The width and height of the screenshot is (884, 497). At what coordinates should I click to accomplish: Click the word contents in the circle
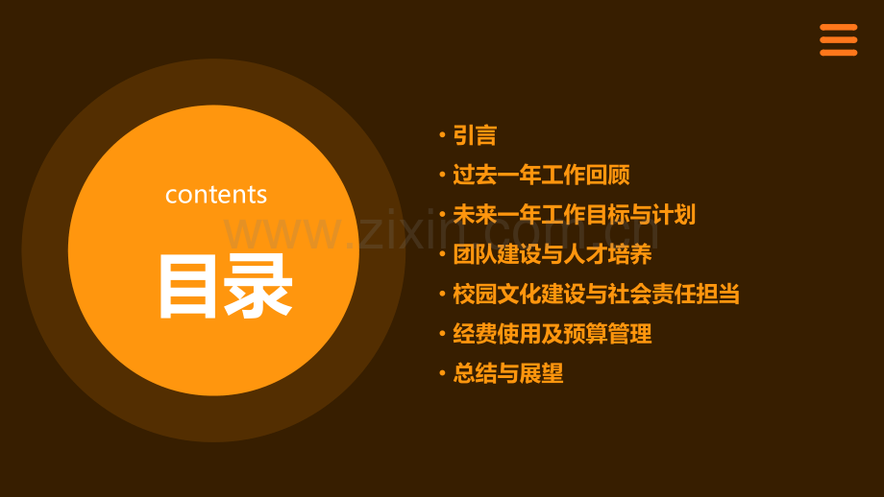click(x=216, y=195)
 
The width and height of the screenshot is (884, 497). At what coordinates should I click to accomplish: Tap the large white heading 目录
click(x=225, y=286)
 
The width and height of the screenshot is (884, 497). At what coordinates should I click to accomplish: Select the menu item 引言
click(x=475, y=135)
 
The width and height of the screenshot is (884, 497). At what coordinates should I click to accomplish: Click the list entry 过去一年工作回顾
click(x=541, y=176)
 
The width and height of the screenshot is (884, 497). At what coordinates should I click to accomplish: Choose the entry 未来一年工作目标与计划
click(x=574, y=215)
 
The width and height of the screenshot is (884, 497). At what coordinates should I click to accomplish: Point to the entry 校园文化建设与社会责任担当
click(x=596, y=294)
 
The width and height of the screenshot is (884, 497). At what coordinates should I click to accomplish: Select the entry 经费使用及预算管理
click(x=552, y=334)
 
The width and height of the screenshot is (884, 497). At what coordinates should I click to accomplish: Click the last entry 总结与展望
click(x=508, y=373)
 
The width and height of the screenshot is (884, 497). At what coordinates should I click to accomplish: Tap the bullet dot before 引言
click(x=441, y=135)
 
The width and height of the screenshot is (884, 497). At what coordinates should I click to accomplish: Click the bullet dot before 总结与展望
click(x=441, y=373)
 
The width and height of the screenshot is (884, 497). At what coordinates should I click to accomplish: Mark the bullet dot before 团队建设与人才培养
click(x=441, y=254)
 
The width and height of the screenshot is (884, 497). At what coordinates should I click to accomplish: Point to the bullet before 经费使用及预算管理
click(x=441, y=334)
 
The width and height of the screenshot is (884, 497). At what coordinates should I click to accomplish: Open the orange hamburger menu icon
click(x=838, y=39)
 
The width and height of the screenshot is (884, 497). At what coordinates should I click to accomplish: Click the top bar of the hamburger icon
click(x=838, y=27)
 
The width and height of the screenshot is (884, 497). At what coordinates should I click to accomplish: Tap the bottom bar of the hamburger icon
click(x=838, y=52)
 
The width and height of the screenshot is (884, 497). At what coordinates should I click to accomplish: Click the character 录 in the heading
click(x=258, y=286)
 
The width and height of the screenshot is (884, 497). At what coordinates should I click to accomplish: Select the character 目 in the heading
click(x=190, y=286)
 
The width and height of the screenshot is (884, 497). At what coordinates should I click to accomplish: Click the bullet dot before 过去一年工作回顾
click(x=441, y=176)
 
